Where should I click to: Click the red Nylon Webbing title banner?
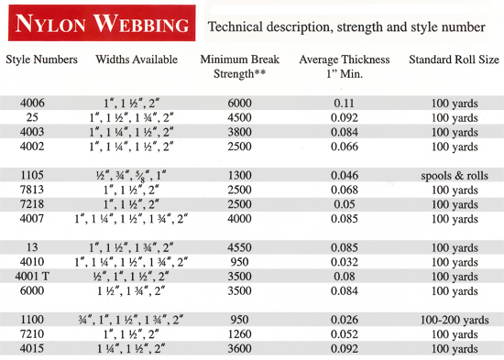coord(98,23)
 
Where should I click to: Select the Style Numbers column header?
coord(42,60)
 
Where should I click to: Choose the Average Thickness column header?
coord(344,67)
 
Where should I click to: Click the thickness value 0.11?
coord(344,104)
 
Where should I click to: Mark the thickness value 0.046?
coord(344,174)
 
